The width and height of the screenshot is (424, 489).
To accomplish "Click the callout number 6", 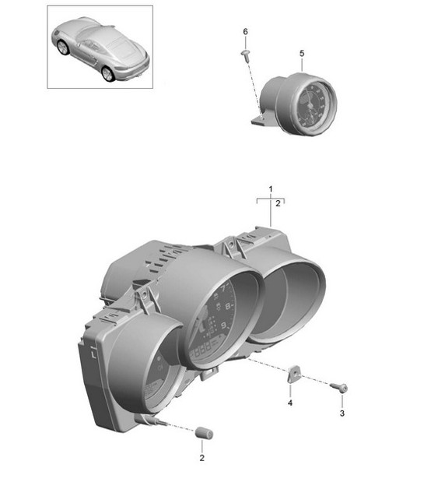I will (245, 31).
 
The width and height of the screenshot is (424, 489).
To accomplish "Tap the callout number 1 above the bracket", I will (271, 189).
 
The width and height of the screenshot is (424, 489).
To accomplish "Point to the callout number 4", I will (289, 403).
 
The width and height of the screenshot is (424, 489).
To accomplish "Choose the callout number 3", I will (341, 413).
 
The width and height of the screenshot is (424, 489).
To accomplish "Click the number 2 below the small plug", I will (201, 459).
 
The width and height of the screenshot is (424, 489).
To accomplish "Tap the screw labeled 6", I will (246, 53).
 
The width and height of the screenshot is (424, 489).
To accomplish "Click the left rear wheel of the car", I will (63, 48).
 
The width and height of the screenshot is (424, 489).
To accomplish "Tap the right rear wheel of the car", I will (107, 73).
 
